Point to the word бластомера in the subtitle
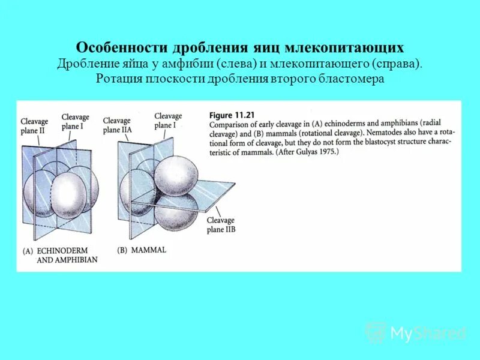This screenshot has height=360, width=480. tap(352, 79)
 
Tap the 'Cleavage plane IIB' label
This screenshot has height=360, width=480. tap(221, 225)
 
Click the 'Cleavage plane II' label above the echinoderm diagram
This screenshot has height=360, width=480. tap(34, 125)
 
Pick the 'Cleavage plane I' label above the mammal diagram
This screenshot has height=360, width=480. tap(168, 121)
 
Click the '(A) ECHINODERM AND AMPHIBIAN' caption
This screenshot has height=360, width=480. tap(60, 255)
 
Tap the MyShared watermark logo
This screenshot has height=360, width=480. tap(416, 333)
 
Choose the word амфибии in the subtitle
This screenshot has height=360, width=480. tap(186, 64)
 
